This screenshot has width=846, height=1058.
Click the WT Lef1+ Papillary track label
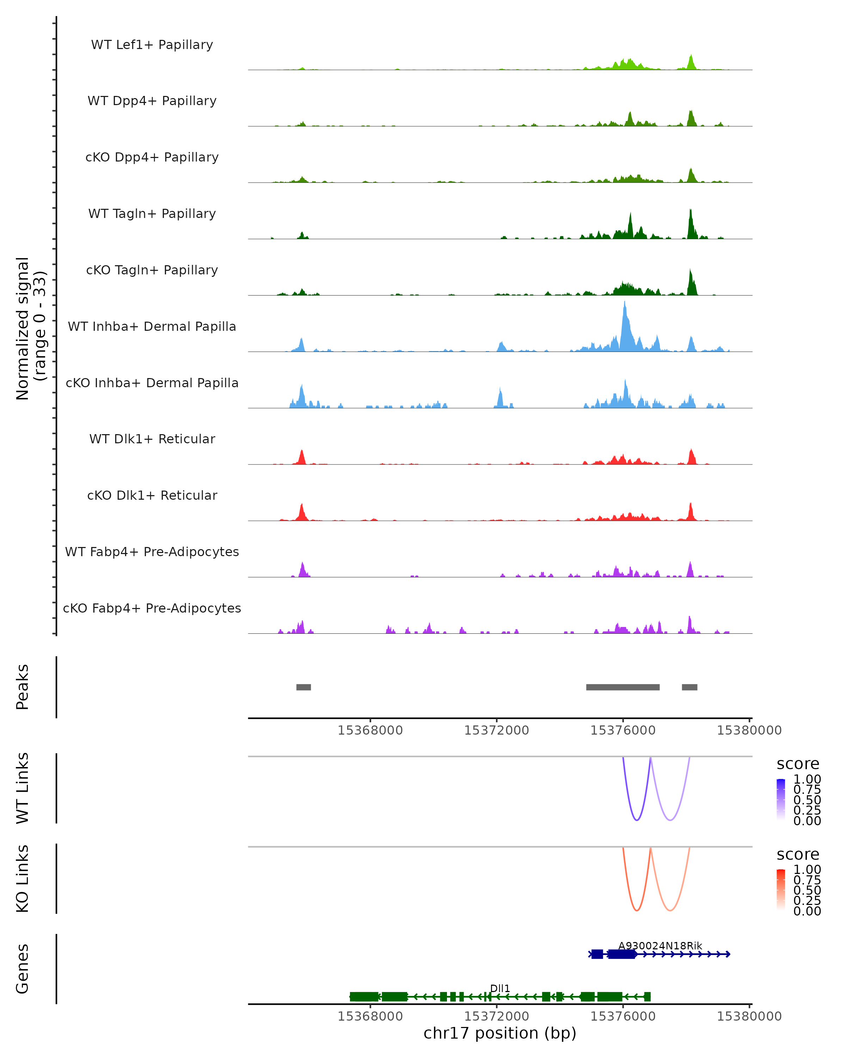coord(152,45)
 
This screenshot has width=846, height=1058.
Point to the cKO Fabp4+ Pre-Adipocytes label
coord(152,608)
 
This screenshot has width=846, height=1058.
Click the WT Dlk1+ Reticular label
coord(152,439)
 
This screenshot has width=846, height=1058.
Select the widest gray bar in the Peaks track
coord(623,687)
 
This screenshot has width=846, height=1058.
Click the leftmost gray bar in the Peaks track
coord(304,687)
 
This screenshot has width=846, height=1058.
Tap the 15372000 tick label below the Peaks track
coord(496,730)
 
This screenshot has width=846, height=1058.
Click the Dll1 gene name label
coord(500,988)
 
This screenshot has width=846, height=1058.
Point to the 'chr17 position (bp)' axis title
coord(500,1033)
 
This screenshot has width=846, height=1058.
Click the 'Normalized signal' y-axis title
coord(23,328)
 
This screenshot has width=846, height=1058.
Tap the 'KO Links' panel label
coord(23,878)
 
